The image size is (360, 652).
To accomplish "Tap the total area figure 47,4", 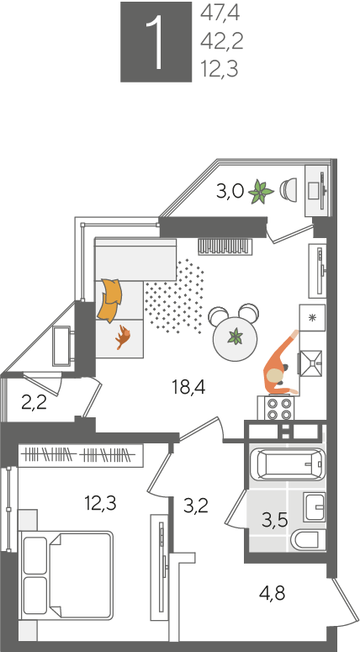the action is [220, 13].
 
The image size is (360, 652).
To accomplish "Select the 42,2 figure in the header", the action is [221, 41].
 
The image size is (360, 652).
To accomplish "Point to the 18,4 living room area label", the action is [189, 388].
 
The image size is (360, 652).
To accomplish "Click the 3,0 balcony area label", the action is [230, 193].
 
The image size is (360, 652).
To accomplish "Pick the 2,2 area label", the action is [34, 402].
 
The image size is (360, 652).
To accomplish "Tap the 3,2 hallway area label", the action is [196, 506].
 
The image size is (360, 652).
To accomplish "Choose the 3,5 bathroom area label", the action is [275, 519].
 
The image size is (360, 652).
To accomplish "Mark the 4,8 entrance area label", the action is [272, 592].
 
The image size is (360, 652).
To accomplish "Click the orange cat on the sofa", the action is [123, 337].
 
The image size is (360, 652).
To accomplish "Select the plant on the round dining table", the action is [236, 336].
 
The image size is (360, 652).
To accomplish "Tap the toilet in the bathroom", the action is [310, 540].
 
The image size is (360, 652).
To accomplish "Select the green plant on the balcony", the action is [261, 192].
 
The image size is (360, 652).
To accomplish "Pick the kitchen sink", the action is [311, 363].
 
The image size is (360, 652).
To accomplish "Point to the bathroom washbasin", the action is [315, 507].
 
